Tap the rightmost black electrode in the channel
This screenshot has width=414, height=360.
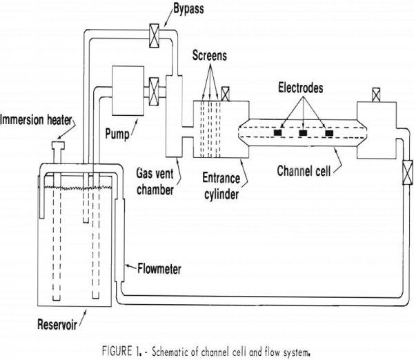click(328, 131)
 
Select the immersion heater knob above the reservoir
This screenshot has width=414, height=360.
click(57, 146)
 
